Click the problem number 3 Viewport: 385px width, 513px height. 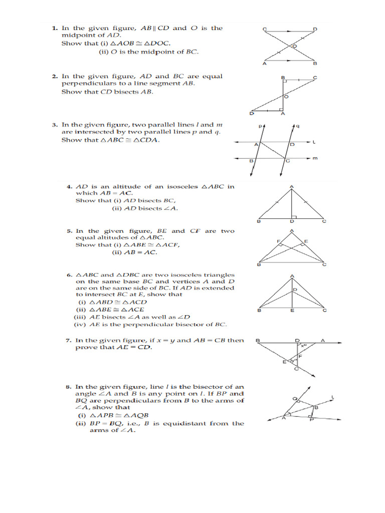point(54,125)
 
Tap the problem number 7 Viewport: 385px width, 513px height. point(68,341)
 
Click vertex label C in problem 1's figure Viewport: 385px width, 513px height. point(264,30)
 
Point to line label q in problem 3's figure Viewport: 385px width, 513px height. point(297,126)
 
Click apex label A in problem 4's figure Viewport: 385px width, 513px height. point(292,187)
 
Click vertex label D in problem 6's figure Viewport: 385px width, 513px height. point(295,290)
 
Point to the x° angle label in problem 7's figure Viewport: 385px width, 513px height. point(303,345)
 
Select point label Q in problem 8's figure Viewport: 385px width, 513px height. point(295,399)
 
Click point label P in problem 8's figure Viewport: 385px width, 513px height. point(312,420)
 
